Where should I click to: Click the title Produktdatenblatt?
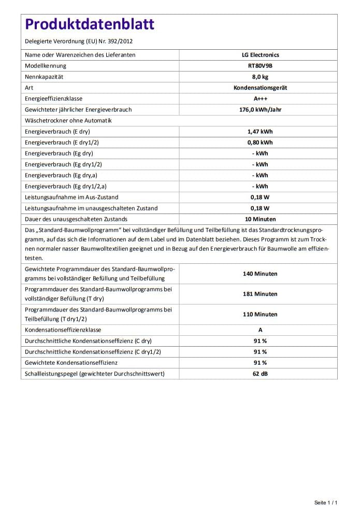90,24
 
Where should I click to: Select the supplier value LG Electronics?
260,55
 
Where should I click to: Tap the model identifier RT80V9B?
260,66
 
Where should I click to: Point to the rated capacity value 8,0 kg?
260,77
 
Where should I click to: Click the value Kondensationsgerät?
260,88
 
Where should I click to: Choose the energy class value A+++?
260,98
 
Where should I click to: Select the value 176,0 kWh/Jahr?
260,109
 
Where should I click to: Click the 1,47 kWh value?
260,132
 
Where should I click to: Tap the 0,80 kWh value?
260,143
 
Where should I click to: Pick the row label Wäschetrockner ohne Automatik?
68,121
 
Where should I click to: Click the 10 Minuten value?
260,219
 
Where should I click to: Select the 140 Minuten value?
260,274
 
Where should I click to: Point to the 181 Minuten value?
260,294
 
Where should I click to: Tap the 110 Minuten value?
260,314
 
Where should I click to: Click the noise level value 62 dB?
260,374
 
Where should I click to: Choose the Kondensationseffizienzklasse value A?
260,330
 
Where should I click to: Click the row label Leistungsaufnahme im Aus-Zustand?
71,197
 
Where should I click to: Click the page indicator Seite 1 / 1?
326,503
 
